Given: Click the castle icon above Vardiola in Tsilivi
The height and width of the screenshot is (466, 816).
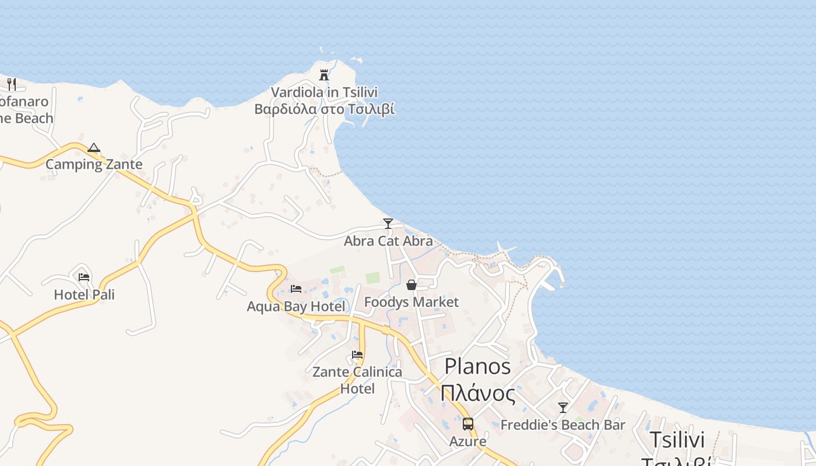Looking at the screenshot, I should point(324,75).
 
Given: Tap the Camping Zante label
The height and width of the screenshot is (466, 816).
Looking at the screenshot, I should point(94,164).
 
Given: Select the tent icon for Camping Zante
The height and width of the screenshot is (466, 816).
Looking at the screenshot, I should point(94,148).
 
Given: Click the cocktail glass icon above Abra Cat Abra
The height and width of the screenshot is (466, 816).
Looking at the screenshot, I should point(388,223).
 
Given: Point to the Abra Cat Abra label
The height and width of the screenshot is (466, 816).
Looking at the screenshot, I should point(388,241).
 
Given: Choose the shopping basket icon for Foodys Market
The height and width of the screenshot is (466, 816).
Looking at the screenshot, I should point(411,285).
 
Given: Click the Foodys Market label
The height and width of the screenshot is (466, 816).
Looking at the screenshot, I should point(411,302).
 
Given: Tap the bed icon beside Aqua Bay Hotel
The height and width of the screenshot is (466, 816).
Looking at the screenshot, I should point(296,289).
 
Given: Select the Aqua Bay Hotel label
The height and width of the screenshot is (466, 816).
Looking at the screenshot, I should point(296,306).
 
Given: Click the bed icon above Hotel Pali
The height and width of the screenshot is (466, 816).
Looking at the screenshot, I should point(84,277).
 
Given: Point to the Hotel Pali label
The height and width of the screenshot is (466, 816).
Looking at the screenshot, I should point(84,294).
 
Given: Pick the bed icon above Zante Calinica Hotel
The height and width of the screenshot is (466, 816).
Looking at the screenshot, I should point(357,355).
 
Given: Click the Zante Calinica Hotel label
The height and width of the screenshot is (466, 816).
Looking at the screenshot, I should point(357,380).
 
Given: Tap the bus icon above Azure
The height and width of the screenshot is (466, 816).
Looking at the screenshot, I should point(467,424).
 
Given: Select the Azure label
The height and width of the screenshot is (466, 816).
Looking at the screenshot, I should point(467,442).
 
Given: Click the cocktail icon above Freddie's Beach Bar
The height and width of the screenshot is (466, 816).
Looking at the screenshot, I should point(563,408).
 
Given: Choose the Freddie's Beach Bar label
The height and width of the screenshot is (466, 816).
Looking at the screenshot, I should point(563,425).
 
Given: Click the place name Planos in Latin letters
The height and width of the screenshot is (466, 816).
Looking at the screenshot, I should point(477,366).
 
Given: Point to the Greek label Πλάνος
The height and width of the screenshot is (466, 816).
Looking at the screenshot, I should point(478,393).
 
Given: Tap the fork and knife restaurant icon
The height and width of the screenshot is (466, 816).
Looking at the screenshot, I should point(12,84).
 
